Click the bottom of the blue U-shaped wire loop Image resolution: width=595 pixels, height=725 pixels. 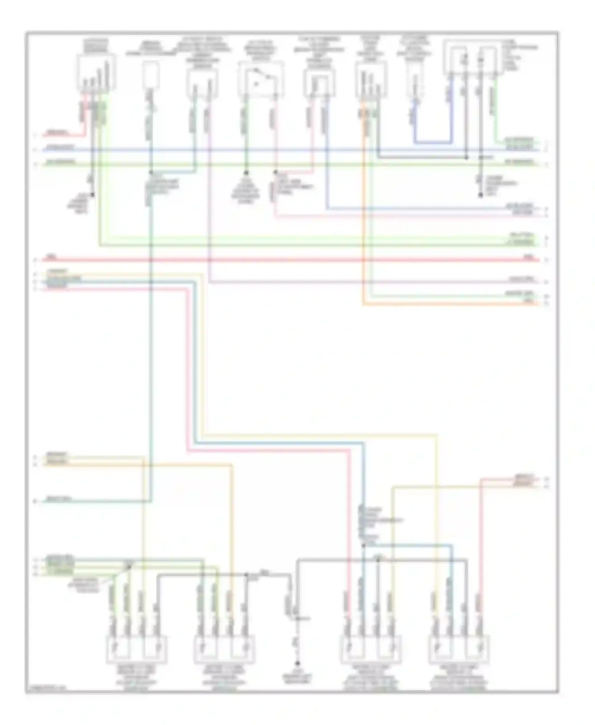point(433,142)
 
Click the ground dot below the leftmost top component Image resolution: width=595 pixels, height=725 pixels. point(92,195)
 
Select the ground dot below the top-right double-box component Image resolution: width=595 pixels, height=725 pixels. point(480,195)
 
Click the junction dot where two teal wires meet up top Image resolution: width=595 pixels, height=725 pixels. point(151,173)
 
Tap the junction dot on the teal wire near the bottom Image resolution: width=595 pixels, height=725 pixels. point(363,545)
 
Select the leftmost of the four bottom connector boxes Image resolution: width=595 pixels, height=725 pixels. point(136,649)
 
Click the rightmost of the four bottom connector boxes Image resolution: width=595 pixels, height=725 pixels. point(459,649)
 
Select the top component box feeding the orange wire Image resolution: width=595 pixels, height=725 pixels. point(371,82)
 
